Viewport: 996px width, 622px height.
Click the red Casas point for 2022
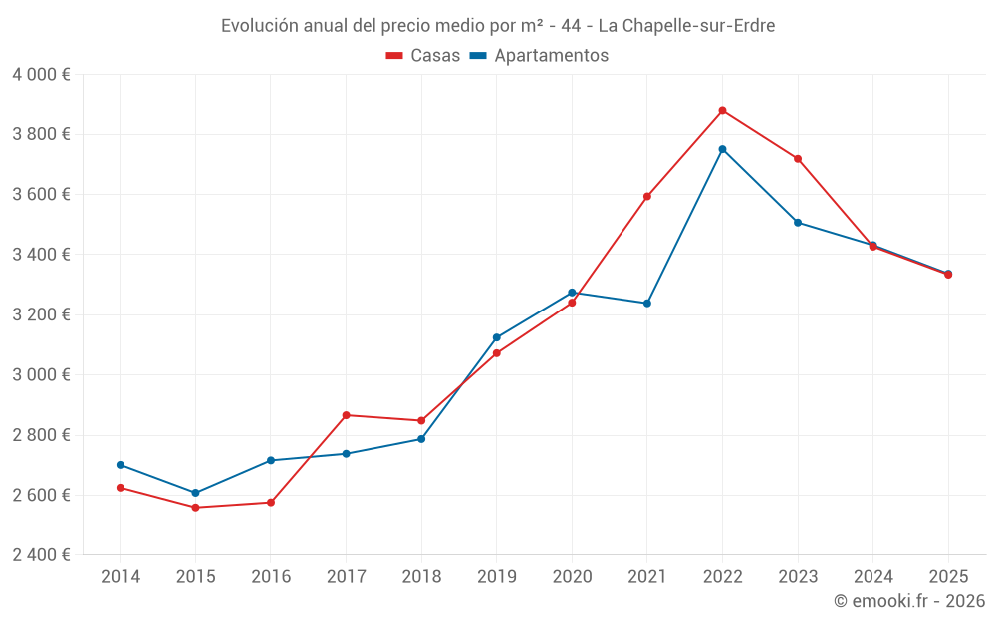722,111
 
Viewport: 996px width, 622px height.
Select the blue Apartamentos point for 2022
722,150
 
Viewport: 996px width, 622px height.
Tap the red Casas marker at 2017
347,415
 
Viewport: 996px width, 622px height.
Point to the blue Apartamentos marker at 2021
647,304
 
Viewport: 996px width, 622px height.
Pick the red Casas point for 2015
195,508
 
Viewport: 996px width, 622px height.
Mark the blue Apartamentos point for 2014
121,465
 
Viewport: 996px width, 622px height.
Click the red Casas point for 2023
798,158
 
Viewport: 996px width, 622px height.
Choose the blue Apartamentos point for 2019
497,337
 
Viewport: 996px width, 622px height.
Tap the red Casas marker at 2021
647,197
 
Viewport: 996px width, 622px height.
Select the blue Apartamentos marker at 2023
798,223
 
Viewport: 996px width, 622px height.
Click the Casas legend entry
423,55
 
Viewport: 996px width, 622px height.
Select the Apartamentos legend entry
539,55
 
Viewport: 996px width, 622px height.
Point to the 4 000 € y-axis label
41,75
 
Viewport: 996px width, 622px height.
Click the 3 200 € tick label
41,314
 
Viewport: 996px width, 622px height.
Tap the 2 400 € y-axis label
41,555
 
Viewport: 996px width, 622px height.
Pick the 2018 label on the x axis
421,576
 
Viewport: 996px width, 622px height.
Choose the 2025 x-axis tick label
948,576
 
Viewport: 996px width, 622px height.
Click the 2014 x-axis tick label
121,576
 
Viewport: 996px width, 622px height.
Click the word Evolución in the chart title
260,26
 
